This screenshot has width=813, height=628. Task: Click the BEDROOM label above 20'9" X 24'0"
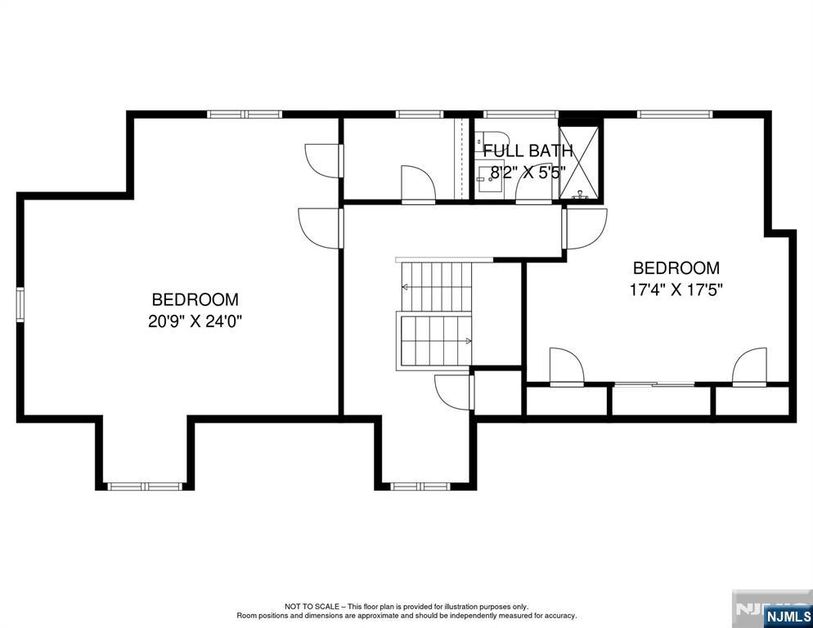[195, 300]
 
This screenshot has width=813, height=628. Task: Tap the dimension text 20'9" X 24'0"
[195, 321]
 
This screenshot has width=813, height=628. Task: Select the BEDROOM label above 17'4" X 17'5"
[676, 268]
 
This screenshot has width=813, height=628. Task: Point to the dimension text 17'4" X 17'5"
[676, 289]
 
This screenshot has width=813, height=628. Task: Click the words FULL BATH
[528, 151]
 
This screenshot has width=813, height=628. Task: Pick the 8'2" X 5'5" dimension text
[528, 172]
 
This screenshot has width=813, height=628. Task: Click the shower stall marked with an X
[580, 163]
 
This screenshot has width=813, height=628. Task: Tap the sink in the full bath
[490, 179]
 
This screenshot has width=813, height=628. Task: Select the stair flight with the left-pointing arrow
[437, 287]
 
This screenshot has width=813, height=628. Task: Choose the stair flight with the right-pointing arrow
[434, 341]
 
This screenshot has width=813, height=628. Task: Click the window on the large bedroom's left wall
[20, 304]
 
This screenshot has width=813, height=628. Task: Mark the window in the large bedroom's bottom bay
[145, 487]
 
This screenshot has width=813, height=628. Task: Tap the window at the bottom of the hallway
[420, 487]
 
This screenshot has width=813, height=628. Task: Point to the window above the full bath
[520, 114]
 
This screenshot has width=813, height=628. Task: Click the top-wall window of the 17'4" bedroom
[675, 114]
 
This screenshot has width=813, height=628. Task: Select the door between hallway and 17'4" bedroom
[585, 229]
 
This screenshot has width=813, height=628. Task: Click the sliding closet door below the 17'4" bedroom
[654, 384]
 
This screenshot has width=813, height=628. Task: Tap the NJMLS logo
[788, 617]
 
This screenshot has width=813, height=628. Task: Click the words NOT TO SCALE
[311, 606]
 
